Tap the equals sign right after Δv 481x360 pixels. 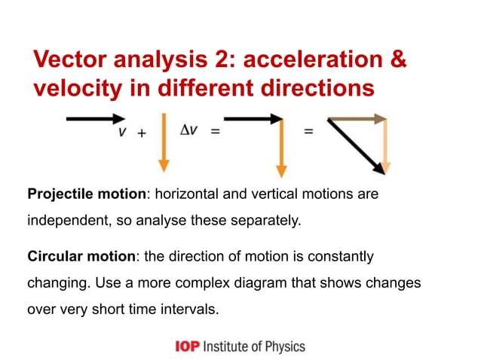pos(215,133)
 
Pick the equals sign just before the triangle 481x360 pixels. pos(308,133)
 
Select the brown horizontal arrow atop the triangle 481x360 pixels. pos(357,118)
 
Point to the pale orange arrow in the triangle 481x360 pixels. pos(385,147)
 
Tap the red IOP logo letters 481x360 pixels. pos(186,346)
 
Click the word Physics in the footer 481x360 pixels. pos(283,346)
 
